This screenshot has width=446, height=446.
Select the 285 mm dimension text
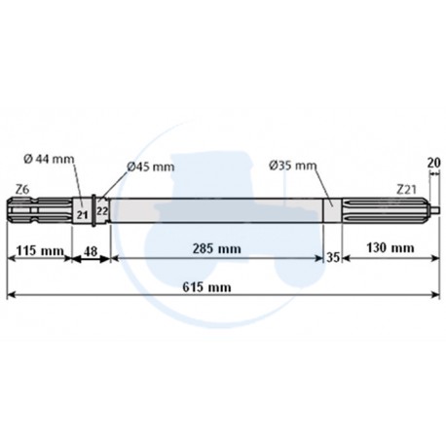[x=215, y=249]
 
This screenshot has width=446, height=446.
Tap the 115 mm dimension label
[x=39, y=250]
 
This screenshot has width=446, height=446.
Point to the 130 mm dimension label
[x=387, y=249]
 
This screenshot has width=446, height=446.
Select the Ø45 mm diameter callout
[x=150, y=167]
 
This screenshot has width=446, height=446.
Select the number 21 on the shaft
[x=82, y=213]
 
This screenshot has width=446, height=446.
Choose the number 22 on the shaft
[x=100, y=213]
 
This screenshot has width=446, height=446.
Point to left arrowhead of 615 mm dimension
[x=11, y=296]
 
